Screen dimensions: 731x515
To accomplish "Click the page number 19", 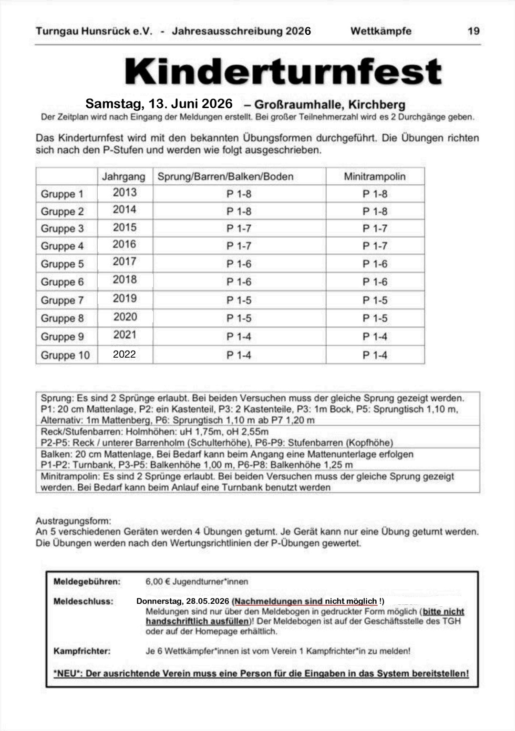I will [x=473, y=31].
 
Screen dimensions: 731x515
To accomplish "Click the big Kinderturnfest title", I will [x=283, y=72].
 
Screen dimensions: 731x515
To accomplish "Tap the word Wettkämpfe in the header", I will [x=381, y=31].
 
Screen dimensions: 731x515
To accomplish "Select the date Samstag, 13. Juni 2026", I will [x=159, y=104].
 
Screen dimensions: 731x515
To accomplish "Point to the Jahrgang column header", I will [x=124, y=177].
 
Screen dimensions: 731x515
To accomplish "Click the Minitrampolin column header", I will [x=375, y=177].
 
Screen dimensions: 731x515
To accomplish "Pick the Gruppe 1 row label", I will [x=62, y=194].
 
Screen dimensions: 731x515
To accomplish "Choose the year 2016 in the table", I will [x=124, y=245].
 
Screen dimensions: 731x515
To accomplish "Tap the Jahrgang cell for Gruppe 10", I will [x=124, y=354].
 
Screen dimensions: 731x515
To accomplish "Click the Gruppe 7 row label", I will [x=62, y=300].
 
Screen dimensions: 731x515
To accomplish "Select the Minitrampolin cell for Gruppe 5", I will [x=375, y=264].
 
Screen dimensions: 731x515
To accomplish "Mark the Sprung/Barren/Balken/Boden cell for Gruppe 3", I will [x=239, y=229].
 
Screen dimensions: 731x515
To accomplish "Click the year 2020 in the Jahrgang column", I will [x=125, y=317].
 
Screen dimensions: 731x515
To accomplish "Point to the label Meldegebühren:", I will [x=87, y=581].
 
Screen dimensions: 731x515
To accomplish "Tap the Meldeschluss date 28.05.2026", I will [x=207, y=601].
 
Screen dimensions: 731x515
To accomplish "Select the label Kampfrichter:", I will [x=82, y=651].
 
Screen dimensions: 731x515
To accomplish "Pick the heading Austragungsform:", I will [x=73, y=521].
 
